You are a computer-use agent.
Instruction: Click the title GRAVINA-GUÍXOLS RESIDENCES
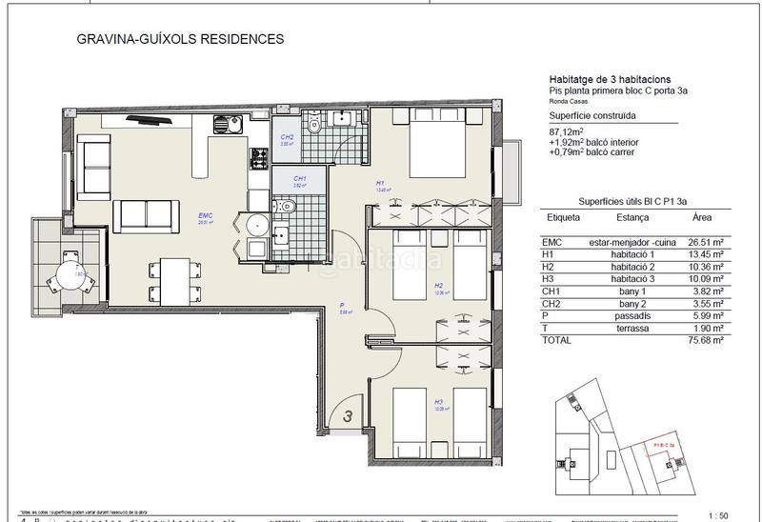179,41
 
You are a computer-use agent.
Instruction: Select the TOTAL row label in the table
563,338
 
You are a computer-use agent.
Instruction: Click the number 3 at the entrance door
349,415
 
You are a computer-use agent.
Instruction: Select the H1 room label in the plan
379,183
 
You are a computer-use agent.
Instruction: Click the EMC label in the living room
205,216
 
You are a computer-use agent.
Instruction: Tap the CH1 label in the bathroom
299,179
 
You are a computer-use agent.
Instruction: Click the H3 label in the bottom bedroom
438,402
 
